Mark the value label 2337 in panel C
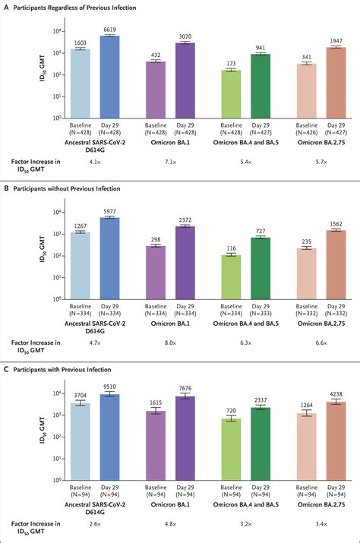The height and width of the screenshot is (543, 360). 260,400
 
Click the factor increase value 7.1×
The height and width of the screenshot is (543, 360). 170,162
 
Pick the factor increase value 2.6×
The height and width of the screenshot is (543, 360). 95,524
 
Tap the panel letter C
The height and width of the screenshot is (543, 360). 7,369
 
